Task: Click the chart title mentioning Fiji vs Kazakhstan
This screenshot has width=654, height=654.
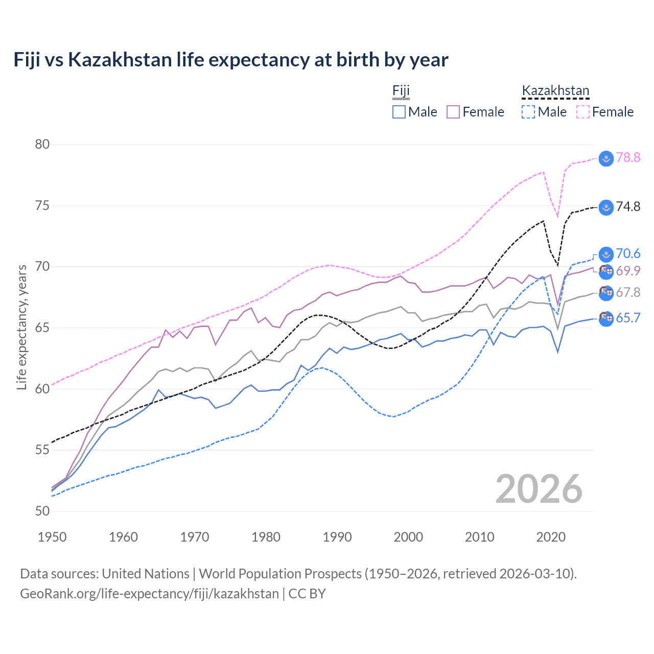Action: pyautogui.click(x=231, y=60)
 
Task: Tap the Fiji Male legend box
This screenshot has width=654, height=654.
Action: pyautogui.click(x=399, y=112)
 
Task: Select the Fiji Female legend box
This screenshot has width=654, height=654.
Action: pyautogui.click(x=453, y=112)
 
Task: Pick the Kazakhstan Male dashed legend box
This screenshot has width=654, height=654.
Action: pyautogui.click(x=528, y=112)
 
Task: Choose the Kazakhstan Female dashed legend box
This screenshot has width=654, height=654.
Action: pyautogui.click(x=583, y=112)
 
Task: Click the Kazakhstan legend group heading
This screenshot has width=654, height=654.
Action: pyautogui.click(x=555, y=91)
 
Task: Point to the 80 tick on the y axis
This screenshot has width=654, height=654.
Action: pyautogui.click(x=42, y=144)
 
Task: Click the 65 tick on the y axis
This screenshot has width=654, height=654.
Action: pyautogui.click(x=42, y=328)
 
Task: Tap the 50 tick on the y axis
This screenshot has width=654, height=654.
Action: pyautogui.click(x=42, y=511)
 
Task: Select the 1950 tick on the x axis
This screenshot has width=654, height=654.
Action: pyautogui.click(x=52, y=537)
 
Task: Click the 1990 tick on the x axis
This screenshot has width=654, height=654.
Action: pyautogui.click(x=337, y=537)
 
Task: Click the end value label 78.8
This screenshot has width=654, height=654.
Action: pyautogui.click(x=628, y=157)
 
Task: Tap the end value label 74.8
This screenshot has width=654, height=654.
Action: pyautogui.click(x=628, y=206)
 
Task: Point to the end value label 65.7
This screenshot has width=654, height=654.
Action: pyautogui.click(x=628, y=318)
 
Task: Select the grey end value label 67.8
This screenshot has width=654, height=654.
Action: pyautogui.click(x=628, y=292)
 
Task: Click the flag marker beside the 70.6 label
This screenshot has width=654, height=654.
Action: pyautogui.click(x=606, y=254)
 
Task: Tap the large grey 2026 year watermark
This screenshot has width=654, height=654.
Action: pyautogui.click(x=539, y=489)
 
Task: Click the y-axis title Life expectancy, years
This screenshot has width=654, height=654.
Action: pyautogui.click(x=21, y=327)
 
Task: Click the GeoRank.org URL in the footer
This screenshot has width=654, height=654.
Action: pyautogui.click(x=149, y=594)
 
